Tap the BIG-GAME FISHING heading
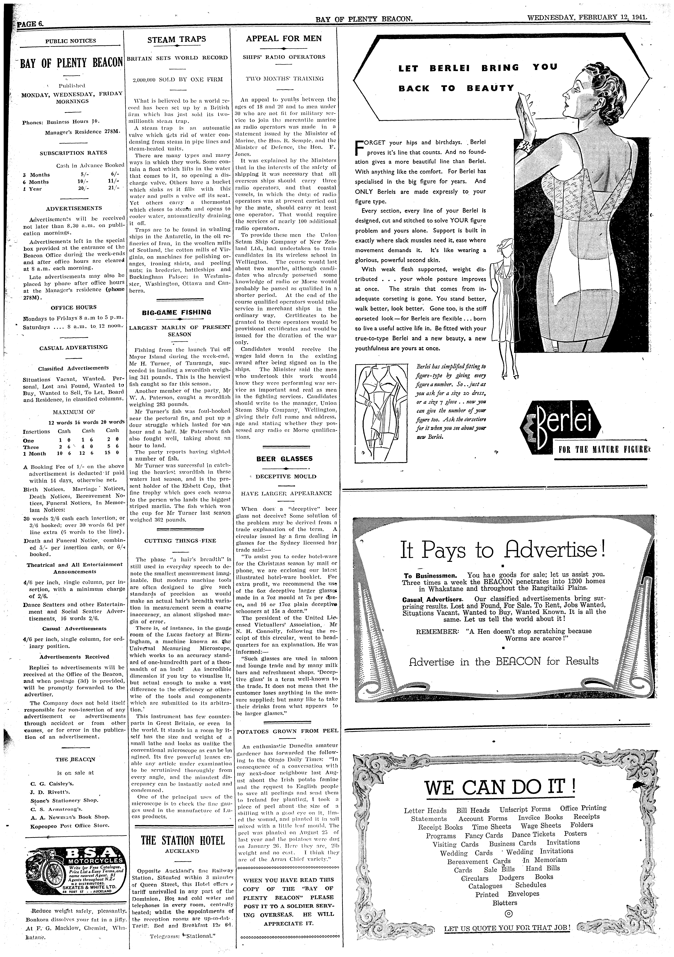point(177,312)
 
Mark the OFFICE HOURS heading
point(73,307)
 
